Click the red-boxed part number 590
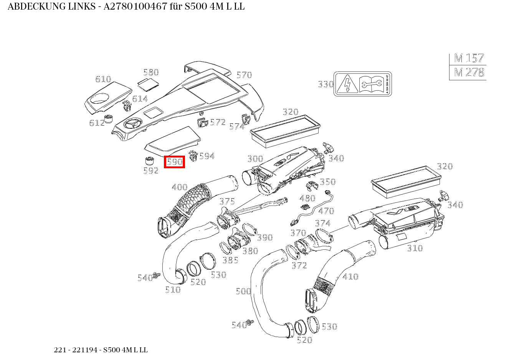(175, 162)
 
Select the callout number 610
(103, 79)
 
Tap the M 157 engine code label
(468, 58)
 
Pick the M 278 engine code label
(468, 72)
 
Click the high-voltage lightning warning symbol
(347, 84)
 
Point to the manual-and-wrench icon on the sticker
(370, 84)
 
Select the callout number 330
(326, 84)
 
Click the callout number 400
(179, 187)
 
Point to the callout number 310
(415, 248)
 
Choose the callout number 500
(243, 291)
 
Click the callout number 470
(326, 211)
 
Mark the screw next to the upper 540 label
(157, 275)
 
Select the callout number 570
(244, 75)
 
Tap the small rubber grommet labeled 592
(149, 161)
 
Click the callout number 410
(350, 276)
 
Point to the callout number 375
(227, 201)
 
